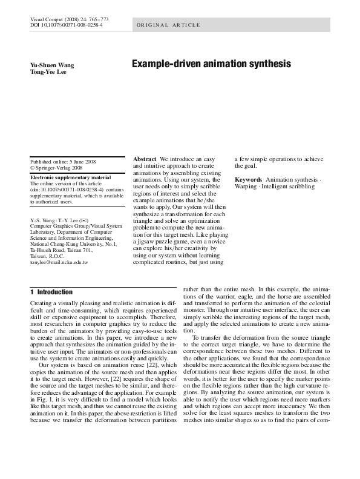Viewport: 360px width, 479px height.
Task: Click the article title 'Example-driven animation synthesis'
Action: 211,64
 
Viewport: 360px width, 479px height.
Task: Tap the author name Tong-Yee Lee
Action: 48,72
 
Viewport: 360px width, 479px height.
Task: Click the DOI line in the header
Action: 66,27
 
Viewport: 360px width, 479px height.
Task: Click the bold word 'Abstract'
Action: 145,159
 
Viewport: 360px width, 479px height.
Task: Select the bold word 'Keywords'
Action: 248,180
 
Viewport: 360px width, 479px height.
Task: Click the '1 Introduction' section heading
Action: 51,292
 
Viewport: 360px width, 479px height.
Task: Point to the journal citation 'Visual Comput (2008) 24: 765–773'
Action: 66,20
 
